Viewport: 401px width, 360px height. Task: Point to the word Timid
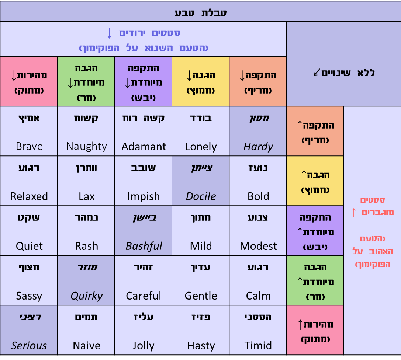click(x=258, y=346)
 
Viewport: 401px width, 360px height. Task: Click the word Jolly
click(x=144, y=346)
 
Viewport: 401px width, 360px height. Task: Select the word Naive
click(x=86, y=346)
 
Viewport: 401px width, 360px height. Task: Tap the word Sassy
click(x=29, y=296)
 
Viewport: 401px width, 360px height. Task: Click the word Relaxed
click(x=29, y=196)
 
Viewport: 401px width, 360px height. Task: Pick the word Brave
click(x=29, y=146)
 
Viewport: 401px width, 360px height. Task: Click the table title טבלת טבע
click(x=200, y=13)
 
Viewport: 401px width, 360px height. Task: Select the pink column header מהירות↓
click(x=29, y=81)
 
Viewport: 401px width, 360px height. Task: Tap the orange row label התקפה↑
click(x=315, y=131)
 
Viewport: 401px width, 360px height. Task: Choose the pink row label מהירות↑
click(x=315, y=330)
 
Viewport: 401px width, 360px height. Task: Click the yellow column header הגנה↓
click(x=201, y=81)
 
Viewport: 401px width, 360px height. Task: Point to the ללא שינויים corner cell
click(x=343, y=72)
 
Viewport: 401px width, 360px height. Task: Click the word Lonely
click(x=201, y=147)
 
